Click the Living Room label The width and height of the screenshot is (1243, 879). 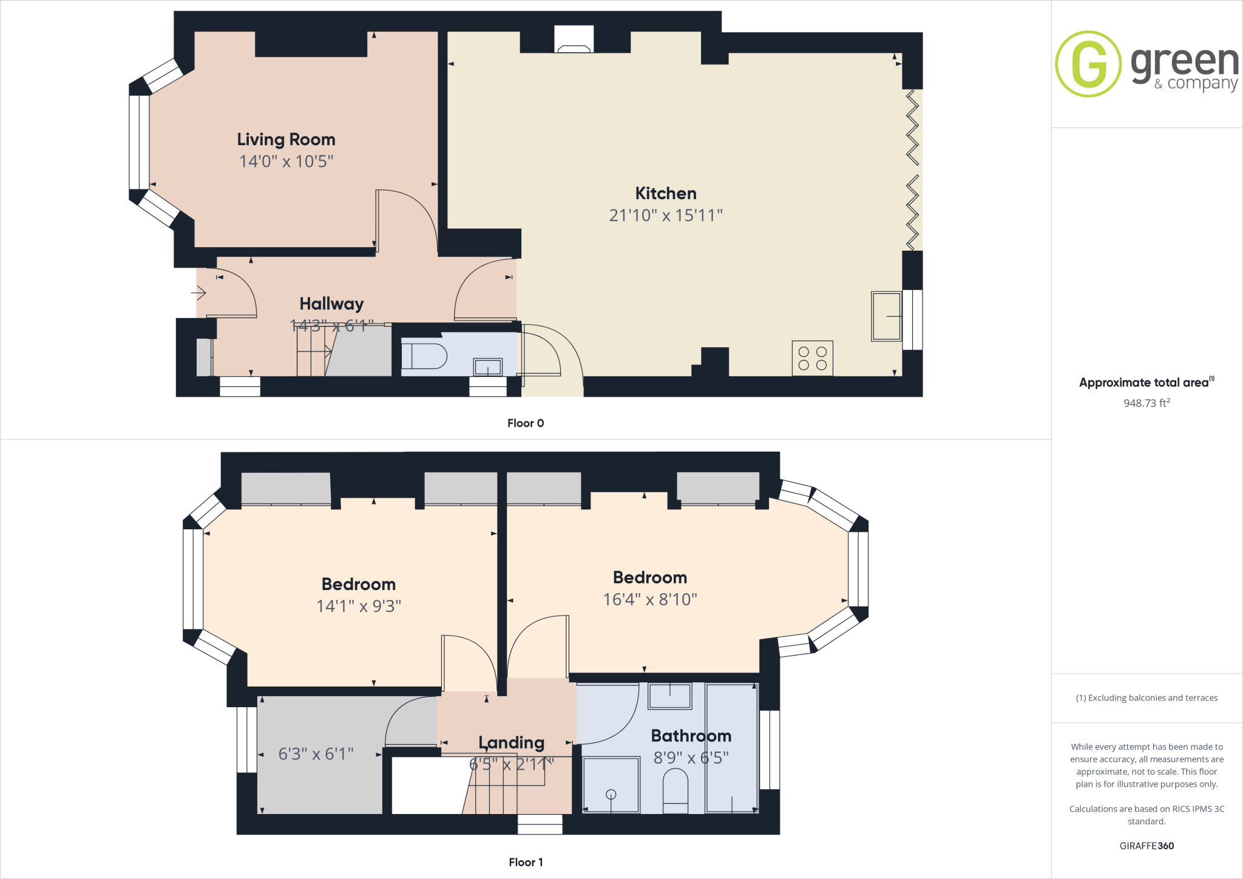click(x=286, y=140)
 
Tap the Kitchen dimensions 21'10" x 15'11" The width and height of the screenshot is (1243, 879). click(x=666, y=216)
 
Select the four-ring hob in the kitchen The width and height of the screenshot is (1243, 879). click(x=812, y=358)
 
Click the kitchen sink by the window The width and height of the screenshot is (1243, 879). click(x=886, y=316)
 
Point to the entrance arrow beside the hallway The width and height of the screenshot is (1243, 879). click(x=199, y=293)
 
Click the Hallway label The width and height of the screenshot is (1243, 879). click(x=331, y=304)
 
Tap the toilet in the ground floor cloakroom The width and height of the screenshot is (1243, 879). click(x=424, y=356)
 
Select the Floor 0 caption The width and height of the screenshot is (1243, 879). click(x=526, y=423)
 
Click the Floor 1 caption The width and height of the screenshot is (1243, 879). click(x=526, y=862)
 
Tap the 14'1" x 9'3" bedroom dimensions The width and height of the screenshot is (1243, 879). click(x=359, y=606)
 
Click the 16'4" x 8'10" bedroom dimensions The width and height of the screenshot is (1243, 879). click(x=650, y=600)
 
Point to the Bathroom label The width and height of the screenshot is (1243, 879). click(x=691, y=736)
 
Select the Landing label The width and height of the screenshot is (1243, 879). click(x=511, y=742)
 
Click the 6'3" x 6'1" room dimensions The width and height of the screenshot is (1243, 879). click(x=316, y=754)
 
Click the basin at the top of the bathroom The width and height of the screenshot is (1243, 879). click(x=669, y=696)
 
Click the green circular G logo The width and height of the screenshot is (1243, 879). click(x=1088, y=64)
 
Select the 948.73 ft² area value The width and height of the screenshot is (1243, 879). click(x=1146, y=403)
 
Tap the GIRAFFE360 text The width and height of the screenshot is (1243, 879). click(x=1146, y=846)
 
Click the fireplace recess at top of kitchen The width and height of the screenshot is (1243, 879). click(x=574, y=39)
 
